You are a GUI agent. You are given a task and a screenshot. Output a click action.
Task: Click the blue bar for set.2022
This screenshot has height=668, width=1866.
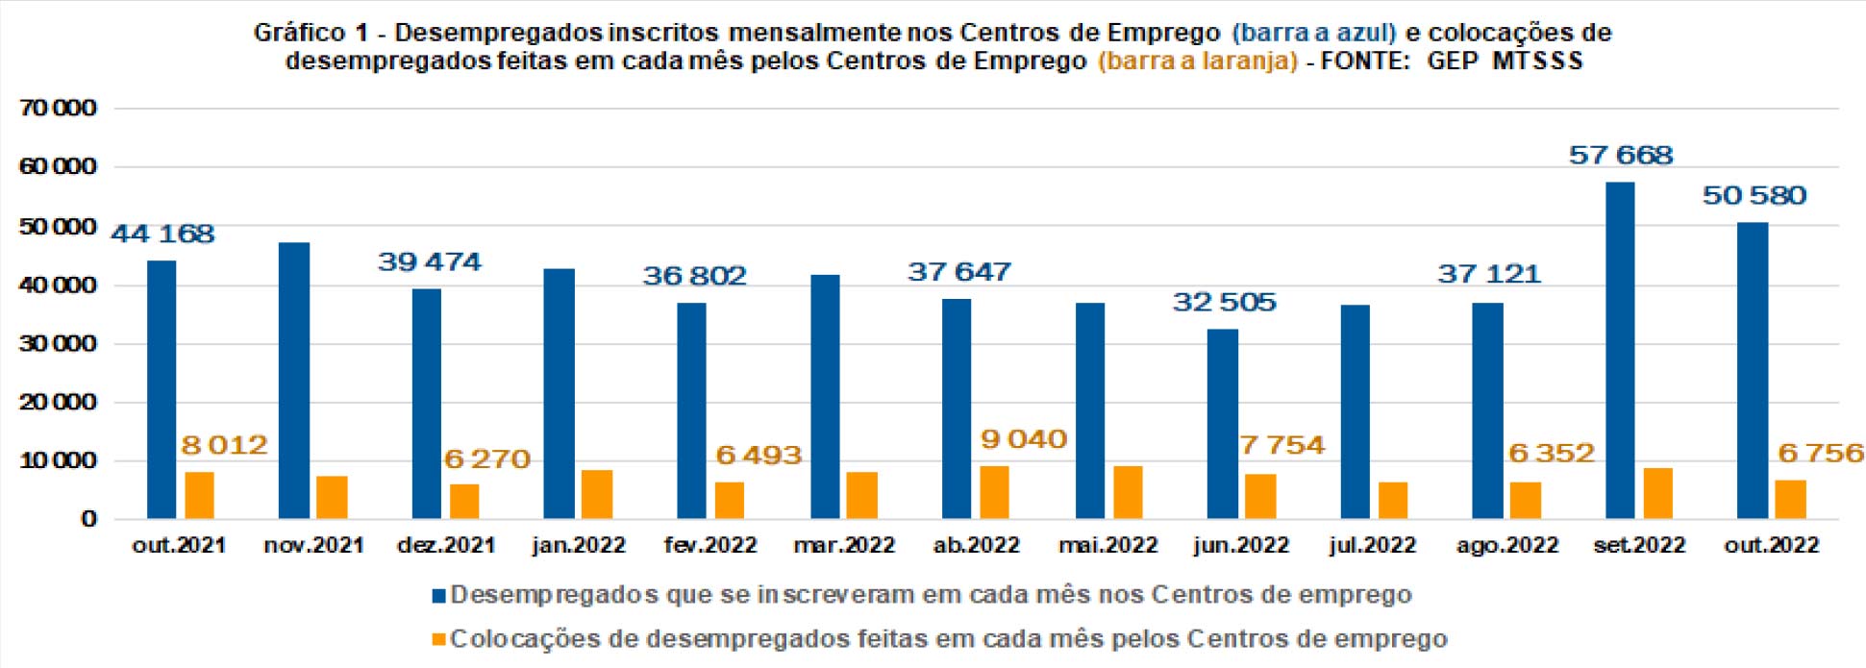point(1620,351)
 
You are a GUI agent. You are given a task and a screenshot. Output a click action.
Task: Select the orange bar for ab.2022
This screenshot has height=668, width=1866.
point(994,492)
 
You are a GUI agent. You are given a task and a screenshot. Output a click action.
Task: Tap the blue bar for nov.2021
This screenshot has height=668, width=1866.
point(294,381)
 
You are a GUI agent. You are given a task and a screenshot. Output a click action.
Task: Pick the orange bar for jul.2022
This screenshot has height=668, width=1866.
point(1393,500)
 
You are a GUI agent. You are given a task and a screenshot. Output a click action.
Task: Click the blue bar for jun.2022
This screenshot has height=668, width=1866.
point(1223,424)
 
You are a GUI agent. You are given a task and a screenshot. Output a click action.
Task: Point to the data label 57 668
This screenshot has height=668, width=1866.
point(1621,155)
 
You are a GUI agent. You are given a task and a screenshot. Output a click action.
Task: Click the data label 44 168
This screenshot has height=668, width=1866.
point(162,234)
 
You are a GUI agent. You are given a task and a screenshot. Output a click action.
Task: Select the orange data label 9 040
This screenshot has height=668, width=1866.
point(1023,439)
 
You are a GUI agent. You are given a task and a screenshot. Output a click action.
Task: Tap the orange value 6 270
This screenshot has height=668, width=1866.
point(486,458)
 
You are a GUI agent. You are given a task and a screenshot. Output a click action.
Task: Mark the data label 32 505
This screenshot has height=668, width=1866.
point(1224,302)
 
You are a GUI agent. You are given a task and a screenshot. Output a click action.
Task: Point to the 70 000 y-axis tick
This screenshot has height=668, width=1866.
point(58,108)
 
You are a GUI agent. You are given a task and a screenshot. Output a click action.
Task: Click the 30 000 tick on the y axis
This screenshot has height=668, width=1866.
point(58,343)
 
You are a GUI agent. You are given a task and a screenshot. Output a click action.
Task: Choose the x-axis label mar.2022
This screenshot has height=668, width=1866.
point(844,546)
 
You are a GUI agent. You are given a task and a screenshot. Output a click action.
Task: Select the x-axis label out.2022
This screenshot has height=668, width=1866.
point(1771,546)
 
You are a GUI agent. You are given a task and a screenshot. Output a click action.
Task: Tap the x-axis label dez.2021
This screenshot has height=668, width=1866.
point(446,546)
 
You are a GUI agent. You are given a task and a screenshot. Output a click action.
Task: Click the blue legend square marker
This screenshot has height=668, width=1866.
point(439,596)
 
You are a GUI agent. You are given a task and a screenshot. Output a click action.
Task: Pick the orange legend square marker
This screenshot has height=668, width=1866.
point(439,639)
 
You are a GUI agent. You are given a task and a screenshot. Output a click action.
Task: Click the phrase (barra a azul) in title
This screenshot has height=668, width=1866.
point(1313,33)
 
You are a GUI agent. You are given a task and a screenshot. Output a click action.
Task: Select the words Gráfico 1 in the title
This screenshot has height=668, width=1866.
point(311,33)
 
